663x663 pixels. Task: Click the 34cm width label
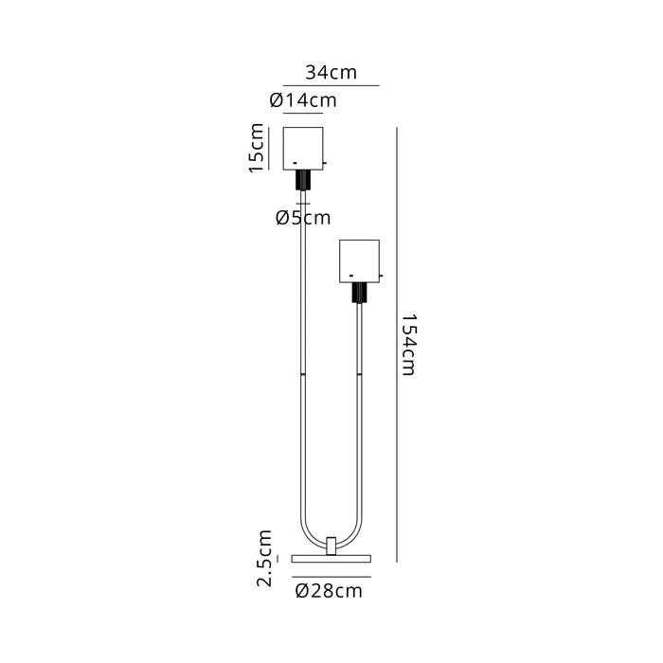point(331,72)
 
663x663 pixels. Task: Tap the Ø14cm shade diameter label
point(303,100)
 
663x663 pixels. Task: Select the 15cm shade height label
point(257,148)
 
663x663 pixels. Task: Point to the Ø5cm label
point(303,218)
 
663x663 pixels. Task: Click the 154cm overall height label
point(409,345)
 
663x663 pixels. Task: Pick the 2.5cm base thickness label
point(264,558)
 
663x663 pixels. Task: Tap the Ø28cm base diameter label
point(329,591)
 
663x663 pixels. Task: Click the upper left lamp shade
point(303,149)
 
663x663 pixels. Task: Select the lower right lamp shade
point(359,261)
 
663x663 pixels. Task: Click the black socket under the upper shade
point(303,180)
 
